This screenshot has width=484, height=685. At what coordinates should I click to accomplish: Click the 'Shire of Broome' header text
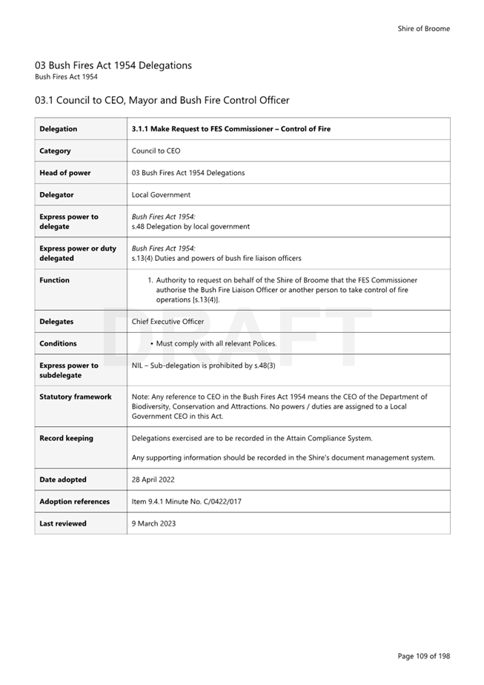(x=423, y=29)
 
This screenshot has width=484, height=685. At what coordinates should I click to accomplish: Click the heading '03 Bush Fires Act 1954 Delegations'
(x=113, y=65)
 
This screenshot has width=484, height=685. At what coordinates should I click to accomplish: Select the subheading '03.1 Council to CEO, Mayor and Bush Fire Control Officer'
(x=162, y=100)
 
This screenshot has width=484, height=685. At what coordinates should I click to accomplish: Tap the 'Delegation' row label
(x=59, y=129)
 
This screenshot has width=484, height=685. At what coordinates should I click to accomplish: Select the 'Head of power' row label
(x=65, y=173)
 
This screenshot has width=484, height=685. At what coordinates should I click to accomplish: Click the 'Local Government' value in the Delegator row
(x=161, y=195)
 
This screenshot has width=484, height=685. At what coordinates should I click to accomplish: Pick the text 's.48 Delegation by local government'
(x=190, y=227)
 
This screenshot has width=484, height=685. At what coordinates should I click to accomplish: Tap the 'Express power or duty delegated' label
(x=78, y=253)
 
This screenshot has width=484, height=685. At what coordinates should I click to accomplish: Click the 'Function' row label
(x=54, y=280)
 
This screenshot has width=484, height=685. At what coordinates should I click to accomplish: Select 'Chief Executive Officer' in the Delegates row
(x=168, y=322)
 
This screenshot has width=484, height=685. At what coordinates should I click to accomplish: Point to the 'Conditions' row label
(x=59, y=344)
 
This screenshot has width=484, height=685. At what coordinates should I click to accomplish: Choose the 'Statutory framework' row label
(x=76, y=397)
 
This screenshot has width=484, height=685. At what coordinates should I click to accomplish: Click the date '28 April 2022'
(x=153, y=480)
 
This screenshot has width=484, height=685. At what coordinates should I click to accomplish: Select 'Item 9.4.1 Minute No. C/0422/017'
(x=186, y=502)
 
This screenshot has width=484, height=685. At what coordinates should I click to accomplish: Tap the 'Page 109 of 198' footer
(x=423, y=656)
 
